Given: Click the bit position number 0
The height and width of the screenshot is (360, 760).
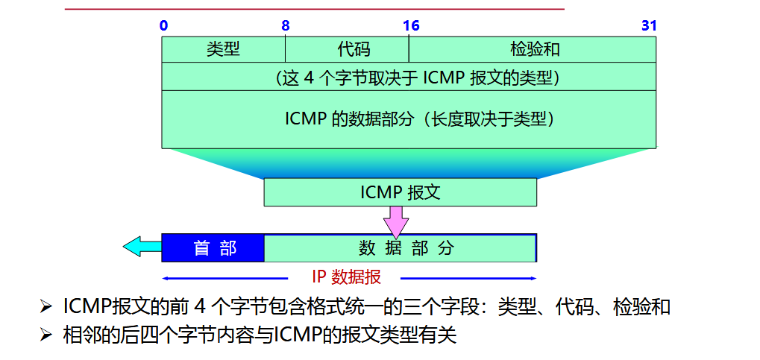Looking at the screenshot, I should pyautogui.click(x=163, y=26).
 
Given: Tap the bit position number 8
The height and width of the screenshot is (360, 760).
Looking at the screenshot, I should pyautogui.click(x=286, y=26).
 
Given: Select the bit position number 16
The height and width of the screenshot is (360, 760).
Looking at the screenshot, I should pyautogui.click(x=411, y=26).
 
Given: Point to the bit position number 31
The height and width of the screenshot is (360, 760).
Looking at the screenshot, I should pyautogui.click(x=649, y=26).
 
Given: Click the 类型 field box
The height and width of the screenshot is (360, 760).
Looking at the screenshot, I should pyautogui.click(x=224, y=49).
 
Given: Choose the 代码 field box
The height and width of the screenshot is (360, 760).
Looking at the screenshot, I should pyautogui.click(x=348, y=49).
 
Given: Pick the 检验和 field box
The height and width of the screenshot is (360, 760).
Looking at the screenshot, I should pyautogui.click(x=533, y=49).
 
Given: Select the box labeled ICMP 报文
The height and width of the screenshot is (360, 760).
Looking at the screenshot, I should pyautogui.click(x=400, y=192).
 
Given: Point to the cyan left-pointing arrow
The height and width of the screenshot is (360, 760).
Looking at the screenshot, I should pyautogui.click(x=141, y=246).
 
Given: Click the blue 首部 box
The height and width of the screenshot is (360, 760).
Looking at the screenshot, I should pyautogui.click(x=213, y=248).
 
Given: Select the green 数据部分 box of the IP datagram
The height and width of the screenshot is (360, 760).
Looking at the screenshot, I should pyautogui.click(x=400, y=248).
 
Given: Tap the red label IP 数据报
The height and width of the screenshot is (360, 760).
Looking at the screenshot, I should pyautogui.click(x=346, y=277).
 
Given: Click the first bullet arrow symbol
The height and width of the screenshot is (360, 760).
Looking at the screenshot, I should pyautogui.click(x=46, y=307).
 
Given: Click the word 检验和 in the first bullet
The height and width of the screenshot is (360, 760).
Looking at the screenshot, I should pyautogui.click(x=641, y=307).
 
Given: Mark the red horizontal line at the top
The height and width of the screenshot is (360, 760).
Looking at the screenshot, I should pyautogui.click(x=314, y=9).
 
